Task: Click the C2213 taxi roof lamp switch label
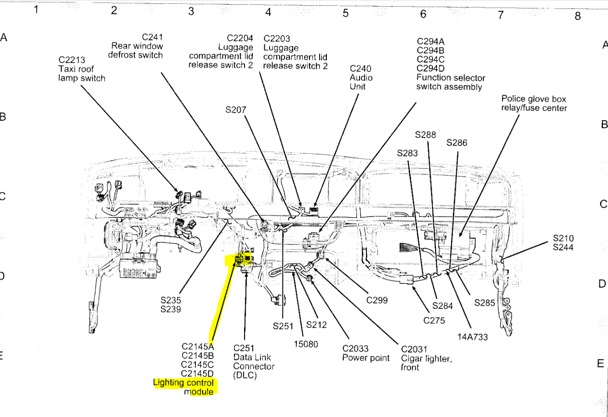pyautogui.click(x=81, y=69)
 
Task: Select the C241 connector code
pyautogui.click(x=152, y=37)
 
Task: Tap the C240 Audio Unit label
pyautogui.click(x=361, y=77)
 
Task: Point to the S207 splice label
pyautogui.click(x=235, y=110)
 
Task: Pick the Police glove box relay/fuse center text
pyautogui.click(x=534, y=103)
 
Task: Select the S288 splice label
pyautogui.click(x=426, y=135)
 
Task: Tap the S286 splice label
pyautogui.click(x=456, y=143)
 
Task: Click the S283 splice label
pyautogui.click(x=407, y=153)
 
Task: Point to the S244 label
pyautogui.click(x=563, y=247)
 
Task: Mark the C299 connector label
pyautogui.click(x=377, y=300)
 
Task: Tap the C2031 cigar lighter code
pyautogui.click(x=414, y=349)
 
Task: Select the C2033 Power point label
pyautogui.click(x=365, y=354)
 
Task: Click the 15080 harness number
pyautogui.click(x=306, y=344)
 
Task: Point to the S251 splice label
pyautogui.click(x=283, y=326)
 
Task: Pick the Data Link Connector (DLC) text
pyautogui.click(x=254, y=362)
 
